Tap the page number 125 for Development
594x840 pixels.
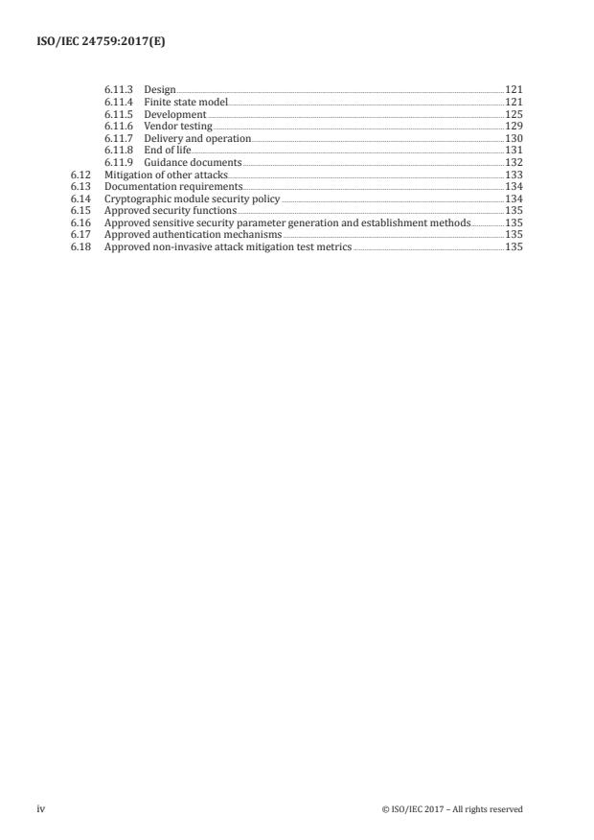(x=513, y=114)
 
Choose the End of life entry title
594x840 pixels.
(x=168, y=151)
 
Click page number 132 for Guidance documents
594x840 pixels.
(x=513, y=163)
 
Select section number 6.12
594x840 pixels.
(x=80, y=175)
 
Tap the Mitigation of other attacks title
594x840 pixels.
(x=167, y=175)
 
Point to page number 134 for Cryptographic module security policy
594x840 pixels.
(x=513, y=199)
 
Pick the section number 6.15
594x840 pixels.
(x=80, y=211)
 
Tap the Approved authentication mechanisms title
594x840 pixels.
(x=194, y=235)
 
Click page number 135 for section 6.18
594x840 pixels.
(x=513, y=246)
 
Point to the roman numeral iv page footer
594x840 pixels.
(x=41, y=809)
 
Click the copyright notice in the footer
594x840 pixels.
(x=452, y=809)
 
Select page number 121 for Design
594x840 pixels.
(x=513, y=89)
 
